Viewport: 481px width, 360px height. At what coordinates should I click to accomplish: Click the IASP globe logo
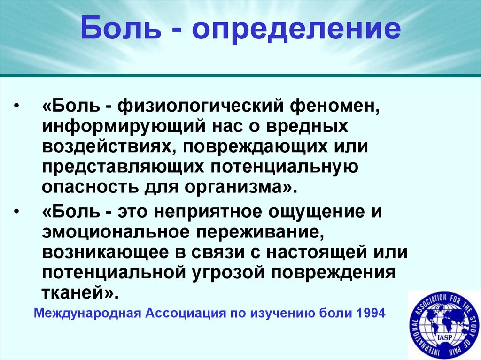[444, 325]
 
